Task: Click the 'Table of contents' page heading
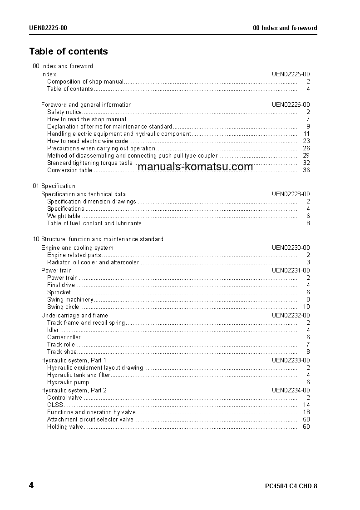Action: pos(69,51)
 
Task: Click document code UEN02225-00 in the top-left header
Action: pos(48,28)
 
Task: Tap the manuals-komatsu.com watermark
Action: pos(195,167)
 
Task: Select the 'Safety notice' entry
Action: pos(64,112)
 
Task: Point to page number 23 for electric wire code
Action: pos(306,141)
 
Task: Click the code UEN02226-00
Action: pos(291,104)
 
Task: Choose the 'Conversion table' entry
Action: pos(69,170)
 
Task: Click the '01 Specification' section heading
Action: pos(54,186)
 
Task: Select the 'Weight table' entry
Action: pos(64,216)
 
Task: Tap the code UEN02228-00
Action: pos(291,194)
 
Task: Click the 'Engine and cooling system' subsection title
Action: pos(77,248)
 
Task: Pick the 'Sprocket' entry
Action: pos(59,292)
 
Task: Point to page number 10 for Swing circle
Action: pos(306,307)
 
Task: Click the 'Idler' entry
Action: pos(53,330)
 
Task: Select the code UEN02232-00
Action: pos(291,316)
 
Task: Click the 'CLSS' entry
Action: pos(55,405)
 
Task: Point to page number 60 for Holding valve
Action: pos(306,427)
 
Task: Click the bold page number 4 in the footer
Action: pos(31,485)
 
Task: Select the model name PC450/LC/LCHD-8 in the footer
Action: pos(291,486)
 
